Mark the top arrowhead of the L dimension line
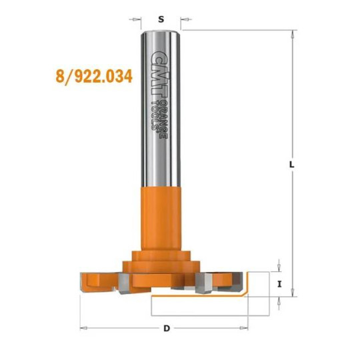[x=291, y=34]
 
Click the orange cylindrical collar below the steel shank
[x=160, y=213]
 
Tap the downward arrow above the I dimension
[x=279, y=266]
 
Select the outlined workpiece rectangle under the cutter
[x=200, y=306]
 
